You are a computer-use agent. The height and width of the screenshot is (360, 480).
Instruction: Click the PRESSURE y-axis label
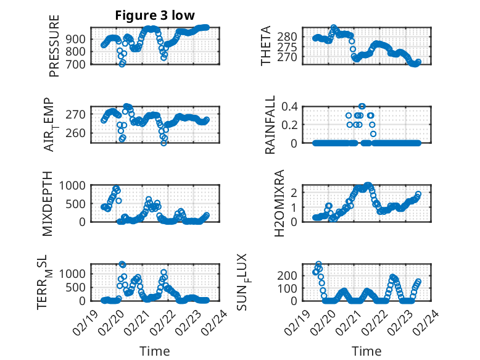pyautogui.click(x=54, y=46)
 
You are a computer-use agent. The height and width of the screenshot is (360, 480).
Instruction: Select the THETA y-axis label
pyautogui.click(x=266, y=46)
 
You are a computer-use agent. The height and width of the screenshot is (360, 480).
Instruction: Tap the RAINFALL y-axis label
pyautogui.click(x=270, y=125)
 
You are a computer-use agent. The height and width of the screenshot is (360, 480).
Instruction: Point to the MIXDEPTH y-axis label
pyautogui.click(x=48, y=203)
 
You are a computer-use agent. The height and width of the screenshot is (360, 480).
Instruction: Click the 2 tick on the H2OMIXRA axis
pyautogui.click(x=295, y=192)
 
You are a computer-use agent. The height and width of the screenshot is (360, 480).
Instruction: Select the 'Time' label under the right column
pyautogui.click(x=366, y=351)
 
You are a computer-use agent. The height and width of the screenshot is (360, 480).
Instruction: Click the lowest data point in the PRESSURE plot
pyautogui.click(x=122, y=64)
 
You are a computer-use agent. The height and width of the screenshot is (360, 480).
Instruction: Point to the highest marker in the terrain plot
pyautogui.click(x=122, y=264)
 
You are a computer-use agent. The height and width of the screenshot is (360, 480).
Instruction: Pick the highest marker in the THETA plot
pyautogui.click(x=334, y=28)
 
